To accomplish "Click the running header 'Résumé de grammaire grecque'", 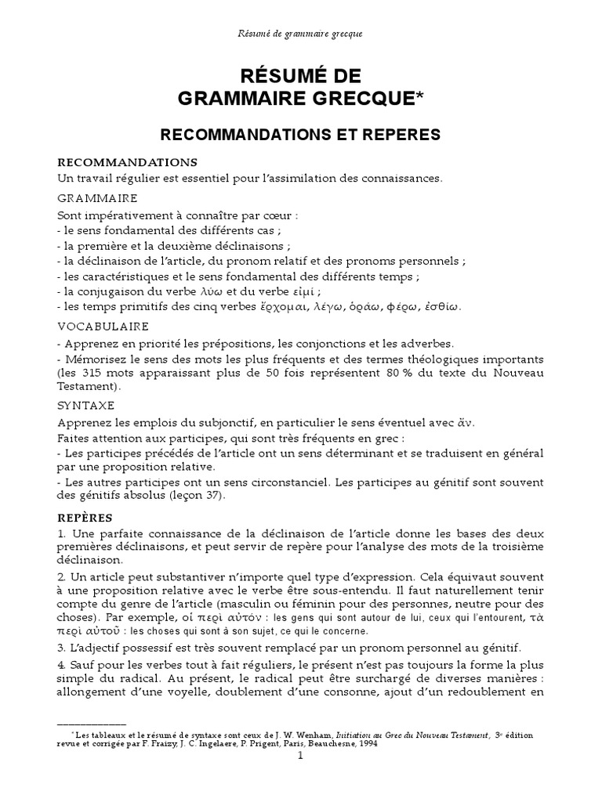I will click(x=301, y=34).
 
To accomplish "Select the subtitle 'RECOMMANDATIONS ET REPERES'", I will click(x=301, y=135).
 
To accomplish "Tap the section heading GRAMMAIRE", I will click(x=98, y=198).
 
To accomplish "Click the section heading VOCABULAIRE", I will click(x=103, y=325).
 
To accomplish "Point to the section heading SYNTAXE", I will click(x=86, y=405).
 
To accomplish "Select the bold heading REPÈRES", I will click(x=85, y=518).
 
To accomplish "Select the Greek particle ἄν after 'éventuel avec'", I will click(x=465, y=423).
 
